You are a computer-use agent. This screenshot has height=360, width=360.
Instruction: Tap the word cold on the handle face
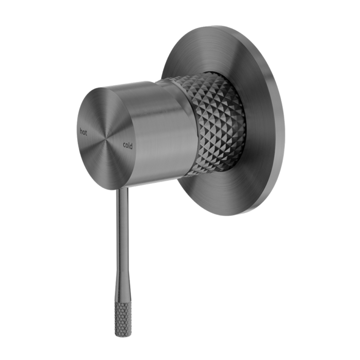128,146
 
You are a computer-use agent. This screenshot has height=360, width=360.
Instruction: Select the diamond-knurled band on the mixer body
216,123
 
